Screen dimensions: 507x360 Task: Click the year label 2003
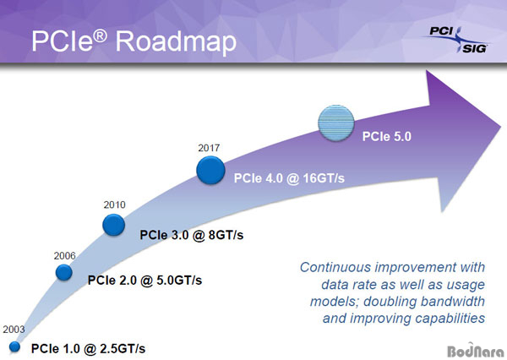[14, 330]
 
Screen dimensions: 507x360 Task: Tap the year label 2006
[65, 256]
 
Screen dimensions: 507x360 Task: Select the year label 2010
[114, 205]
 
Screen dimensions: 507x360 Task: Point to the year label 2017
[209, 148]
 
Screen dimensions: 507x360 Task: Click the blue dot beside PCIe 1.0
[14, 346]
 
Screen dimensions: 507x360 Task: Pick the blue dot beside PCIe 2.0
[63, 272]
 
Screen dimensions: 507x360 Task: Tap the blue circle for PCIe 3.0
[114, 225]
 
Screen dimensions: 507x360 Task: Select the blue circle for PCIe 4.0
[210, 170]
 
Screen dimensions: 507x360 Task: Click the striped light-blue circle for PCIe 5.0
[336, 123]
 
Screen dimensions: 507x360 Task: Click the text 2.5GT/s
[123, 349]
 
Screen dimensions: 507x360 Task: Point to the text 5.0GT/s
[179, 280]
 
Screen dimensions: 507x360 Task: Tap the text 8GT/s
[226, 235]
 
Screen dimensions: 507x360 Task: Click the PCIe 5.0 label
[387, 137]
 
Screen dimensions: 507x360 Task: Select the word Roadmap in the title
[176, 42]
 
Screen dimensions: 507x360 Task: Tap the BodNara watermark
[475, 351]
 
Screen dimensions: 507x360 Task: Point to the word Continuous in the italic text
[335, 268]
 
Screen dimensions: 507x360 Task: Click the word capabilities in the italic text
[450, 319]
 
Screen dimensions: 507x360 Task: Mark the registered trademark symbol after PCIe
[101, 36]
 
